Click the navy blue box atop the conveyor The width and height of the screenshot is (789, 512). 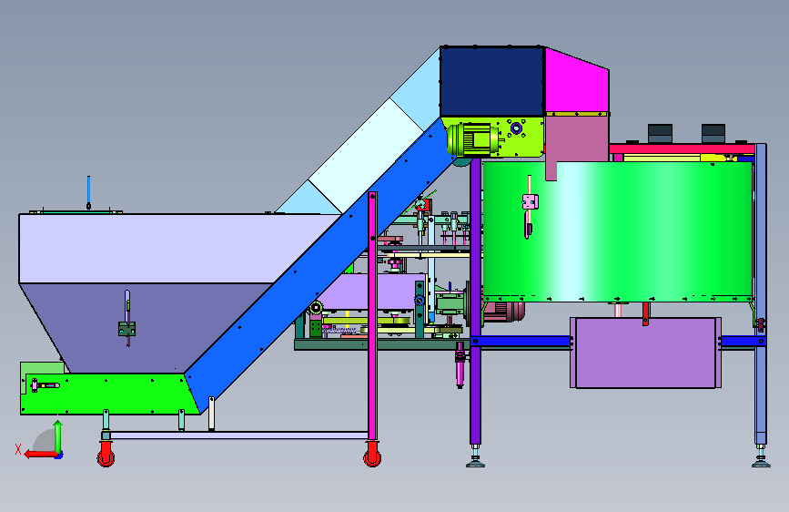(x=492, y=82)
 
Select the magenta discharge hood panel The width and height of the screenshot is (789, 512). (x=576, y=83)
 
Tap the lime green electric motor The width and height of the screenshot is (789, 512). (x=472, y=138)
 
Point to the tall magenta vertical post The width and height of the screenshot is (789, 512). (x=372, y=316)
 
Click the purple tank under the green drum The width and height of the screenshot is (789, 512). (x=645, y=353)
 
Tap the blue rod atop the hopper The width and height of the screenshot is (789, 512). (x=88, y=192)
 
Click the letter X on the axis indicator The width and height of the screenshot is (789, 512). (x=18, y=449)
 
